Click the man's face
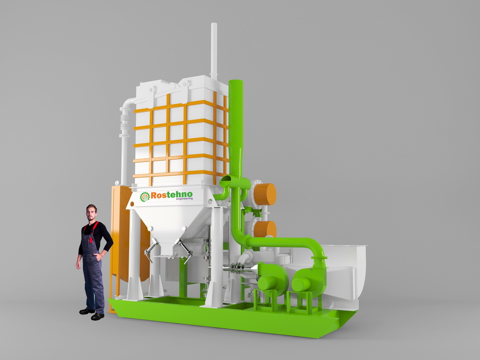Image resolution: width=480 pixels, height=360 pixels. point(91,213)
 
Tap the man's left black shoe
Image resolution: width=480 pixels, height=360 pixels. point(97,316)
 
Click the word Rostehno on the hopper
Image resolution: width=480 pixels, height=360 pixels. point(171,195)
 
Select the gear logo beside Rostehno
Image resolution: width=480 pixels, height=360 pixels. point(145,197)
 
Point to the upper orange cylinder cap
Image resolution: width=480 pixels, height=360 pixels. point(265,194)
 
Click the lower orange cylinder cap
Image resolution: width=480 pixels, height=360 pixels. point(265,229)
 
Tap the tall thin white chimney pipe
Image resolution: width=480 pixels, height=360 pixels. point(214,50)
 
